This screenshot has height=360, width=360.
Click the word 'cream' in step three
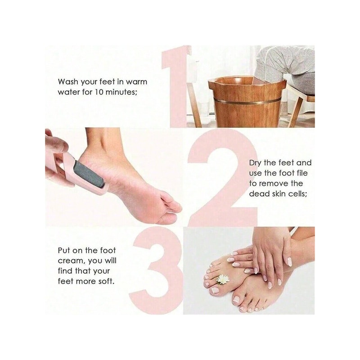click(x=69, y=261)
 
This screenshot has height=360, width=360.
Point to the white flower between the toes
click(x=223, y=279)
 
